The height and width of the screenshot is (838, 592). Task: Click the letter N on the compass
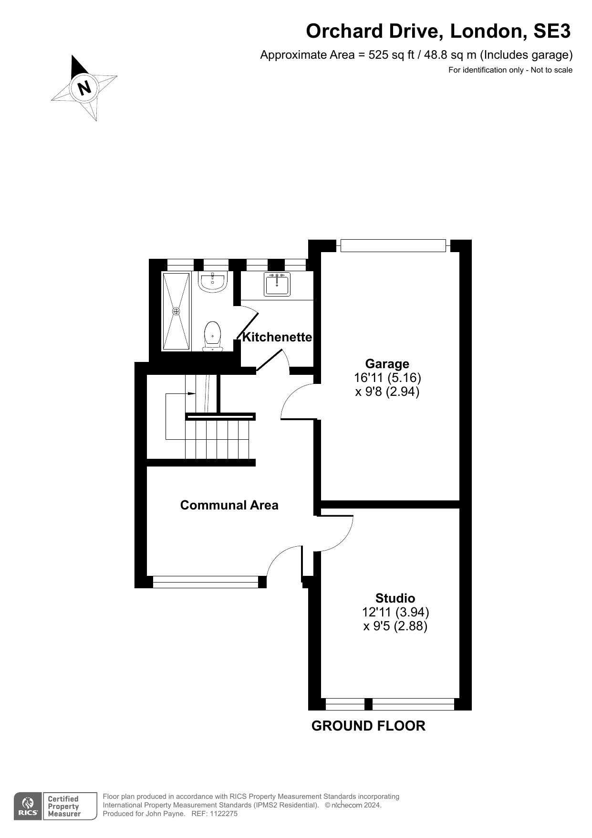84,88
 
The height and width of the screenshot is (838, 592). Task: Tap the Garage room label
387,364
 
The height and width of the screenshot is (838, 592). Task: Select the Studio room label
395,598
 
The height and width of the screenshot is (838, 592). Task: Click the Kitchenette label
277,337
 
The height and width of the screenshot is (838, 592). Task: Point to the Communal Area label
229,505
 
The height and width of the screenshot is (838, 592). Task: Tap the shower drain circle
177,311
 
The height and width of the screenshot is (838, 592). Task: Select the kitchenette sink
277,285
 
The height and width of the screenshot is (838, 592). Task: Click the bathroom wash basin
212,282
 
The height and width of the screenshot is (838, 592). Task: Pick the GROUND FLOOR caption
368,726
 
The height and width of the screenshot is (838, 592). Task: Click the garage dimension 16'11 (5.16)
387,378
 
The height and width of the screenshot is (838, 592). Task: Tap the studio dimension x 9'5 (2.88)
395,626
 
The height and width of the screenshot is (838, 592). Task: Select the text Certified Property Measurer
63,806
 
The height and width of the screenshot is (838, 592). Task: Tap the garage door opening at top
393,245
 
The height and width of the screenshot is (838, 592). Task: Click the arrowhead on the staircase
192,394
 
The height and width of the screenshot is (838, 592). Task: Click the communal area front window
205,582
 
